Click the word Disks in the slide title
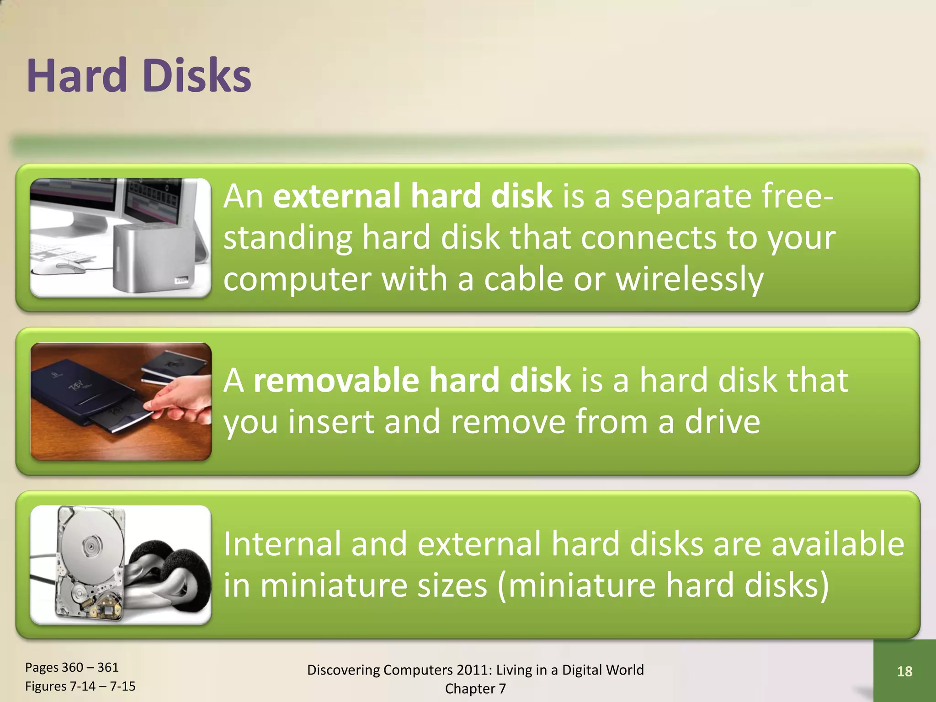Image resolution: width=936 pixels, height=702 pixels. [x=197, y=76]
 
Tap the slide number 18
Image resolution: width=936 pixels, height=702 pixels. [x=904, y=671]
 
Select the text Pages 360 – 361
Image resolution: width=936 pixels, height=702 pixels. [x=72, y=667]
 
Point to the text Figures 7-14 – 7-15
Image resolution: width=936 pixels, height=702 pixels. [x=80, y=686]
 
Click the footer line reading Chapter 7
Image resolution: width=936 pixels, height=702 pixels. [x=475, y=689]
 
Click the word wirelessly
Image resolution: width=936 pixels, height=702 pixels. [x=690, y=279]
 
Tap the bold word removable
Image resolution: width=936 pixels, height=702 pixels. [x=336, y=380]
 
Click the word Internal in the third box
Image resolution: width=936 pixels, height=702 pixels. [x=282, y=544]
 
